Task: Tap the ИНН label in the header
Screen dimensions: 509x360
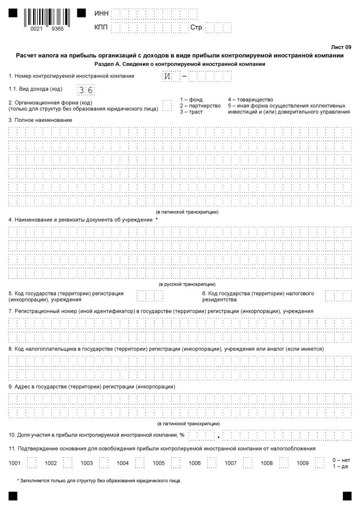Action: pos(102,13)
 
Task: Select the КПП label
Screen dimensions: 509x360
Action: pos(102,28)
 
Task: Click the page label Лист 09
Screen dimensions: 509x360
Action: pos(342,47)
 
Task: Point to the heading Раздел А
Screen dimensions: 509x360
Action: pos(180,64)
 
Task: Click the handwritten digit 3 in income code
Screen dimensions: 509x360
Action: pos(82,90)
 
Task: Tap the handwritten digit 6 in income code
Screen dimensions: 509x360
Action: pos(90,90)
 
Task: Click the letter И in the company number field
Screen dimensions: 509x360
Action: pos(167,76)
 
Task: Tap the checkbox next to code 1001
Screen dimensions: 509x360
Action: pos(32,463)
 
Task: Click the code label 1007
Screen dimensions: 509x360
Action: pos(231,463)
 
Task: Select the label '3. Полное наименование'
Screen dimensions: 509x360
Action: pos(40,120)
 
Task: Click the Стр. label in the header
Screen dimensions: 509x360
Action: pos(197,28)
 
